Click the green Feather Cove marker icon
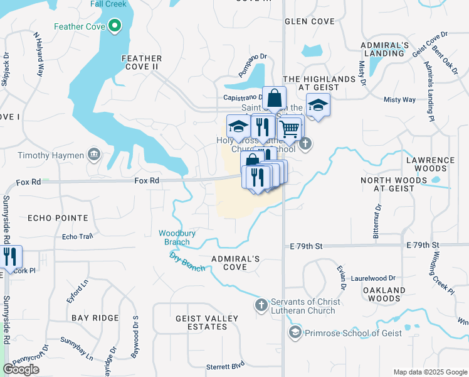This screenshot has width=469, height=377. [114, 26]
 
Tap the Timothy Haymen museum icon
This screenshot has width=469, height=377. [94, 155]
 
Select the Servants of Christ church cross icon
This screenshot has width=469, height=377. [261, 305]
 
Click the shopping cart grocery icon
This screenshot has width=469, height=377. [288, 129]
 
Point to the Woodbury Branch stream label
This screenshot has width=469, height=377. [177, 237]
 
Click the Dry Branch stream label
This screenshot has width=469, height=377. [187, 261]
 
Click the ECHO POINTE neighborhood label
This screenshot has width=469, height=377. [58, 218]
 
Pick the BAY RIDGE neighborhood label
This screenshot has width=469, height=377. [95, 318]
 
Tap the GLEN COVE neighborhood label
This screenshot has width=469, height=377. [310, 21]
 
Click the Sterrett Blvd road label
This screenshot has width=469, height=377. [225, 366]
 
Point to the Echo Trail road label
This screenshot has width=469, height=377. [77, 237]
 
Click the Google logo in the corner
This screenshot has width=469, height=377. [21, 369]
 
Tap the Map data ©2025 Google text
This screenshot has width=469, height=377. [429, 372]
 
